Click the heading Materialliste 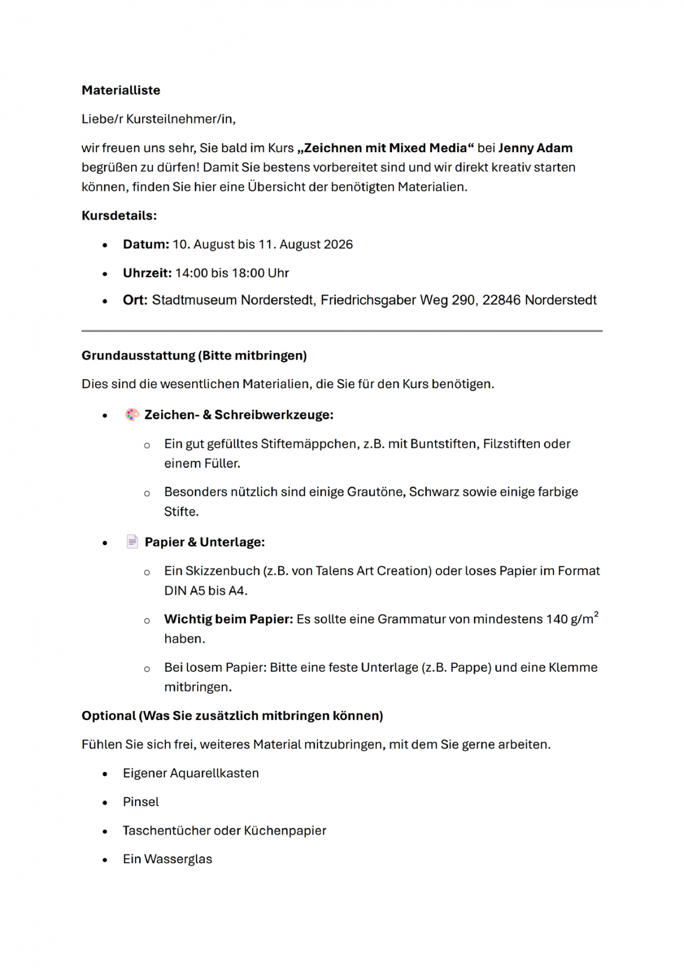coord(121,90)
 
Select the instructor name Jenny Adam coord(535,148)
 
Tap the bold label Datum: coord(146,245)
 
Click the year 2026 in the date coord(338,245)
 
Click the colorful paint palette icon coord(132,414)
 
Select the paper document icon coord(132,542)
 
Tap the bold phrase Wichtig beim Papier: coord(228,619)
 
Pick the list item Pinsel coord(141,802)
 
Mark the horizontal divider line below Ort coord(342,331)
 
